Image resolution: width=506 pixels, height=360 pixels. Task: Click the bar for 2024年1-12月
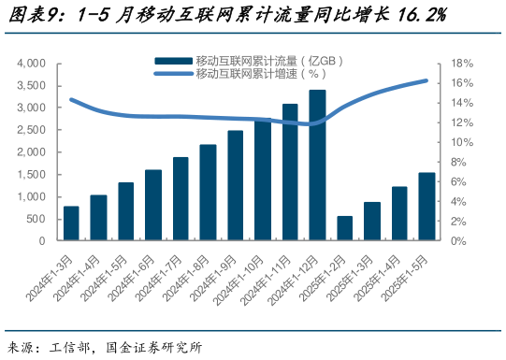pyautogui.click(x=317, y=166)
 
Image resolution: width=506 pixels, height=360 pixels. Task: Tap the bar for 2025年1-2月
pyautogui.click(x=345, y=228)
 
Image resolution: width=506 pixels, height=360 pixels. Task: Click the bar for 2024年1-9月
pyautogui.click(x=236, y=185)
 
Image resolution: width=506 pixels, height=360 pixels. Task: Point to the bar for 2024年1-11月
pyautogui.click(x=290, y=172)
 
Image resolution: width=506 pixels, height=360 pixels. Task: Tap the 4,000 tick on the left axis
pyautogui.click(x=32, y=64)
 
